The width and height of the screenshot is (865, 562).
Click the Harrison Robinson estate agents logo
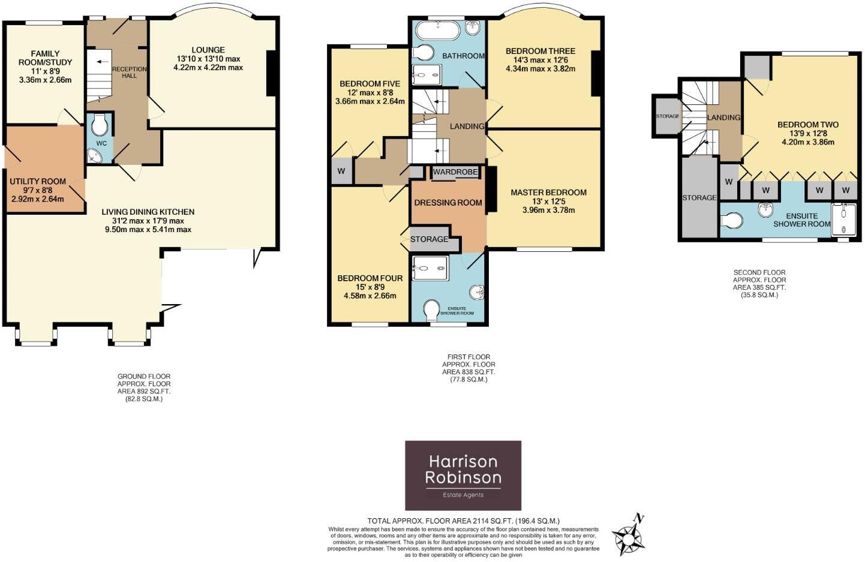point(462,475)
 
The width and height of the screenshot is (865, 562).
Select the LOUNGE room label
point(208,50)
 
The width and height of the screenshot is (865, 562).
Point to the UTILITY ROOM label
point(38,181)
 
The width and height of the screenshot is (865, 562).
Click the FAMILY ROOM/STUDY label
point(45,58)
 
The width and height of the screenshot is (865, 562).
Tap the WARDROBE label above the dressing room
point(455,172)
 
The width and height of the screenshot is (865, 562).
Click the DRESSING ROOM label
point(447,203)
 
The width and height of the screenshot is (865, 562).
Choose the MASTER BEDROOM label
point(548,193)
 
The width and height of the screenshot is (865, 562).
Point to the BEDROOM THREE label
point(540,51)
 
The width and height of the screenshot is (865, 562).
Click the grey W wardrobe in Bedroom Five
point(341,172)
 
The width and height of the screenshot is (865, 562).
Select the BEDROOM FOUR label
point(370,278)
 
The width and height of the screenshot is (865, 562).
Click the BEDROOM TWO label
point(807,125)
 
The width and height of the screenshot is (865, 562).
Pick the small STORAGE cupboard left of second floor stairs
point(667,116)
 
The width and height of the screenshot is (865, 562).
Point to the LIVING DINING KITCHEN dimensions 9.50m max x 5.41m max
point(148,230)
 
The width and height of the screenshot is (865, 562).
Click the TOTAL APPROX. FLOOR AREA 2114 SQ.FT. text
point(463,521)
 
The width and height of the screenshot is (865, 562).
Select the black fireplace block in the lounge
point(271,73)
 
